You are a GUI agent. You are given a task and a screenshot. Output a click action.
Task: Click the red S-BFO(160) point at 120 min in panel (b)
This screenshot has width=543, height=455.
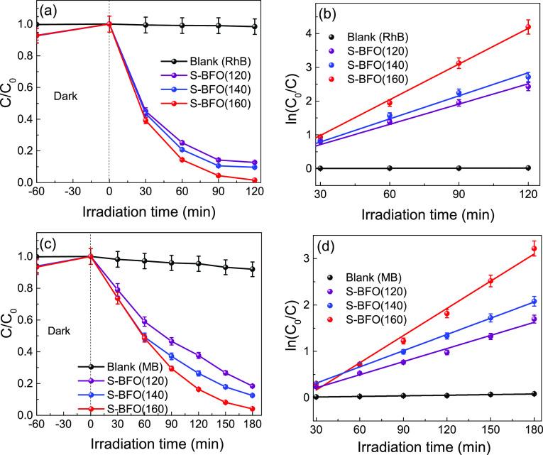coord(527,28)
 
